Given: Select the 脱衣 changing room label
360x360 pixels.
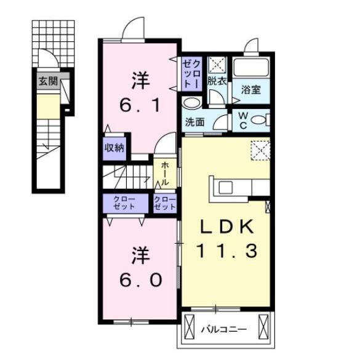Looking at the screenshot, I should pyautogui.click(x=216, y=80).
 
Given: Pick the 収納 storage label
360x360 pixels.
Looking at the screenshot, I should pyautogui.click(x=114, y=148).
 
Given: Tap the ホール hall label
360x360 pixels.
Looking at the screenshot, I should pyautogui.click(x=166, y=174).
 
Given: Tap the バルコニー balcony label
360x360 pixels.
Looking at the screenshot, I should pyautogui.click(x=224, y=330).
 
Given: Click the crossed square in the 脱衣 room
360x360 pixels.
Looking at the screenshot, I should pyautogui.click(x=216, y=65).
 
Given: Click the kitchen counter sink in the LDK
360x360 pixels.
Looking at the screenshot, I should pyautogui.click(x=225, y=187).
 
